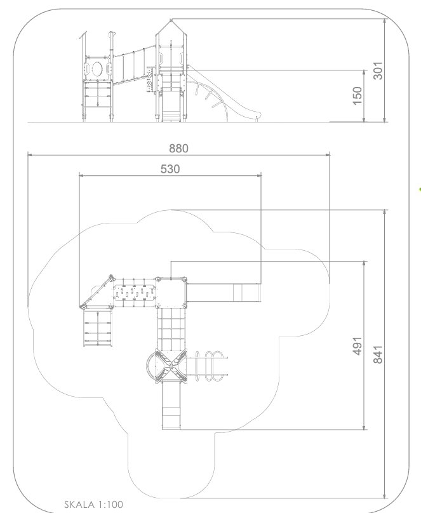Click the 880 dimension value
pos(178,149)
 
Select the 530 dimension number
pos(170,169)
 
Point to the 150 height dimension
pos(358,95)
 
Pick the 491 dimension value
pos(358,345)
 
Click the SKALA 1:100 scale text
pos(93,505)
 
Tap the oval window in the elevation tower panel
pos(97,69)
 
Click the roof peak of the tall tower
pos(171,20)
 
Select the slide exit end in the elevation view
pos(257,116)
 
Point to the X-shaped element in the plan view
pos(171,366)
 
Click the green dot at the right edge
pos(420,189)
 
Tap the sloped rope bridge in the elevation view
pos(134,65)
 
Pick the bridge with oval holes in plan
pos(134,293)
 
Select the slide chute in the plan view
pos(224,293)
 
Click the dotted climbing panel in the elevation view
pos(150,79)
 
